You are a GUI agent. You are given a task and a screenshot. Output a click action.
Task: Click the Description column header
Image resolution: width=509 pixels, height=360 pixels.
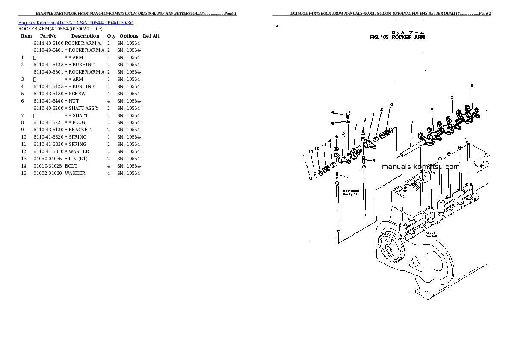point(85,36)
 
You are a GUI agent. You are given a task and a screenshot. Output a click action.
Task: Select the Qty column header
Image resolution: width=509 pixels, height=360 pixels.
point(111,36)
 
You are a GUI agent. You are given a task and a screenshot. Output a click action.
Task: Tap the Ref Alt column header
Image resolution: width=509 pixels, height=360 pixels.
point(151,36)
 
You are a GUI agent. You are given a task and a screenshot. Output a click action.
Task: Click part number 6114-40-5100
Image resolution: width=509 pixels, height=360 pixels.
point(48,43)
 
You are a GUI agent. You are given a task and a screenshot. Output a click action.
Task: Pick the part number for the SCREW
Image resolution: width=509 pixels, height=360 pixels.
point(48,94)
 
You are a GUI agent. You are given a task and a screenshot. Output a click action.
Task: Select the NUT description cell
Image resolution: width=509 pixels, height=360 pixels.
point(74,101)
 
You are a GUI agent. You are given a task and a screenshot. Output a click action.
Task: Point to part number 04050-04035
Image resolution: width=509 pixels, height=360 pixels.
point(48,159)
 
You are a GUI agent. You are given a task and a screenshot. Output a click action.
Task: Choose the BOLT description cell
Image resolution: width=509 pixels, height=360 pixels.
point(71,166)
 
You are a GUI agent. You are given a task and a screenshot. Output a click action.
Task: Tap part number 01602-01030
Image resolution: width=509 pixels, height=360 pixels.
point(48,173)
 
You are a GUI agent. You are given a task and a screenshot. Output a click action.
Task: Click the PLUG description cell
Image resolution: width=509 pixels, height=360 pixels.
point(77,122)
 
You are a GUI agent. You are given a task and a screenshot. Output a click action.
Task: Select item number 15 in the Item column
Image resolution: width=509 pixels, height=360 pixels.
point(24,173)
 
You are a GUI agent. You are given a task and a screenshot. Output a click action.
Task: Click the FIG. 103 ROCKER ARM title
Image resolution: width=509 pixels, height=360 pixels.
point(397,37)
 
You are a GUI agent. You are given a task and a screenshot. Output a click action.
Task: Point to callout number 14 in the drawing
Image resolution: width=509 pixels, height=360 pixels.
point(331,112)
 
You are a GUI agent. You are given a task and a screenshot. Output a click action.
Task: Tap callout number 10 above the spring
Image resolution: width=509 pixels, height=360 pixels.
point(391,105)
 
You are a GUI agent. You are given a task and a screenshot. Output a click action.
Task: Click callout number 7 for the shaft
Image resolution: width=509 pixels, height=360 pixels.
point(411,122)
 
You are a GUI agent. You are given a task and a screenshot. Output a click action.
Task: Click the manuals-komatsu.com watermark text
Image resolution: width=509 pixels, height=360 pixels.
point(420,167)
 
